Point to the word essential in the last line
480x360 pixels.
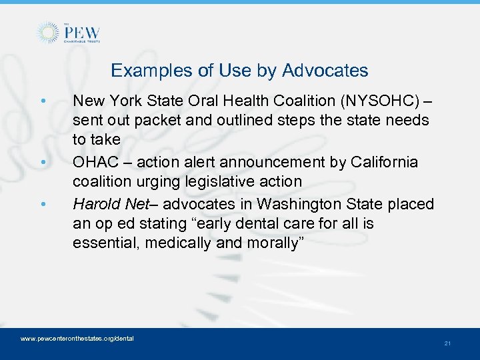point(100,243)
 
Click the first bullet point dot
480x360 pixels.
point(43,102)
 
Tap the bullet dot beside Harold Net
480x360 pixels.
point(43,204)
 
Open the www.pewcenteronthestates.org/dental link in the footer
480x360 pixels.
point(77,339)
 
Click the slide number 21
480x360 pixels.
point(447,343)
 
